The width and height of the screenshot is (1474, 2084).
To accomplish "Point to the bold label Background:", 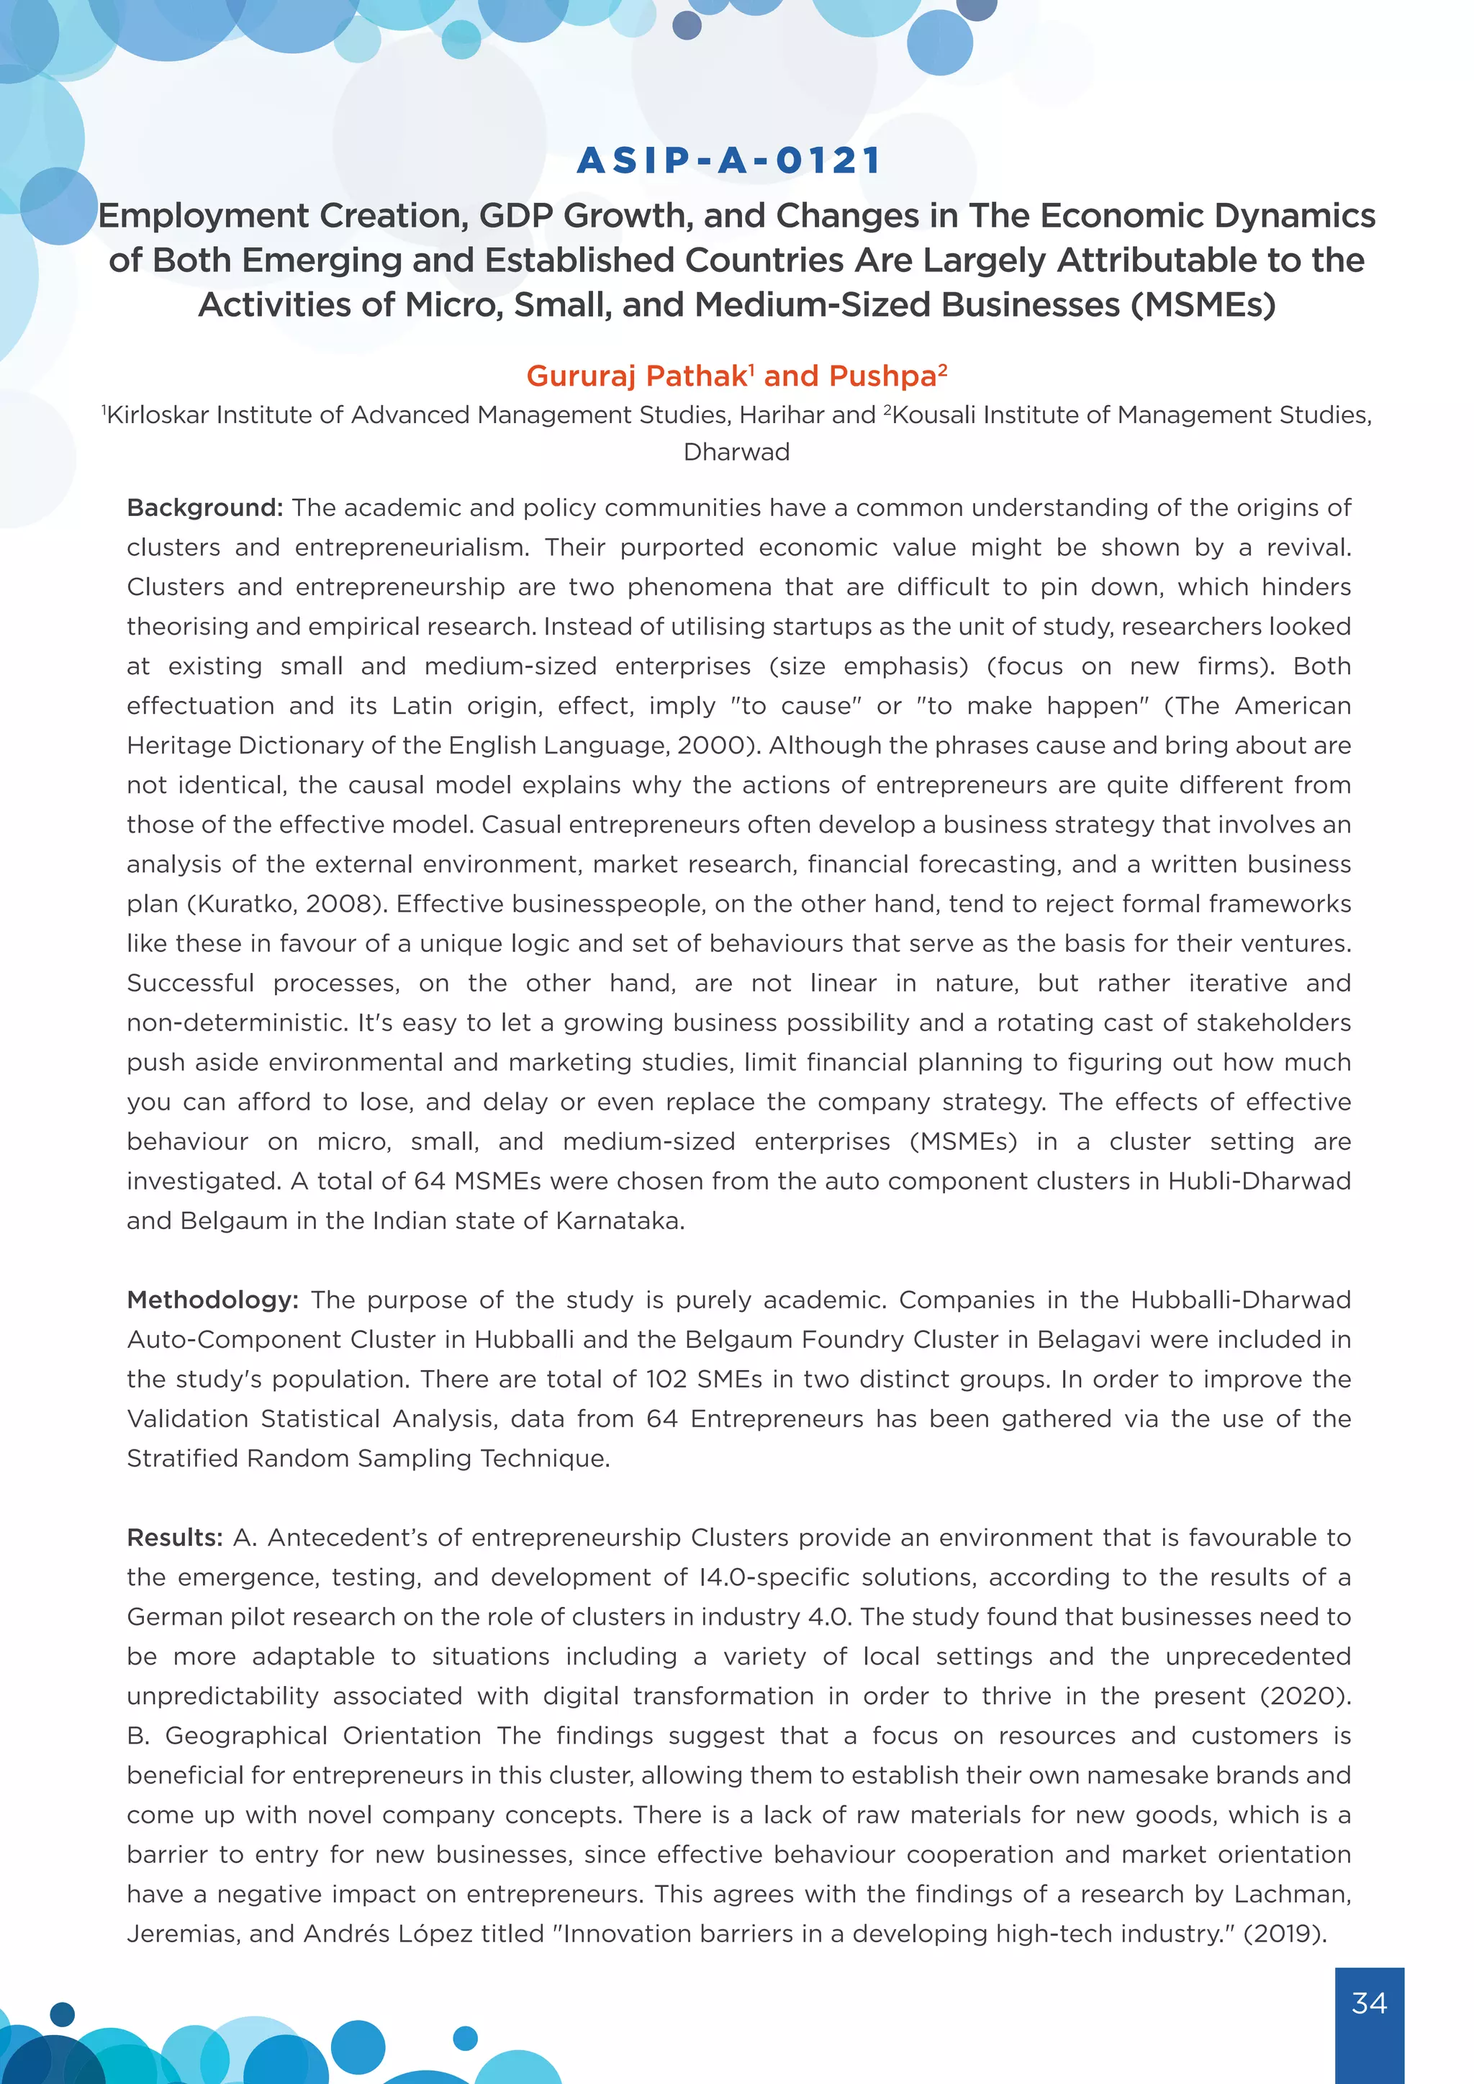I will click(205, 507).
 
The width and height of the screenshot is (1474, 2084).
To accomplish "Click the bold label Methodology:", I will click(212, 1300).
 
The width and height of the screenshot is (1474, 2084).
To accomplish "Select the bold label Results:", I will click(174, 1538).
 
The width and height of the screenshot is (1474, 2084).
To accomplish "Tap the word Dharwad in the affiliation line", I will click(736, 452).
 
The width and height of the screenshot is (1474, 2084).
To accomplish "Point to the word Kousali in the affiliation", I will click(934, 414).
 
